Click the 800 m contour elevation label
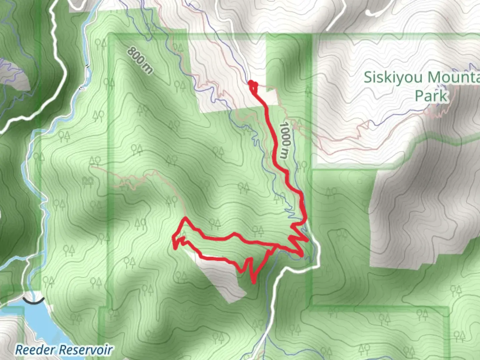140,60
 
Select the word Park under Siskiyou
431,96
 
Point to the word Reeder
35,350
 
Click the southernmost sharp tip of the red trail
254,283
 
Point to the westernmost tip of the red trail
173,238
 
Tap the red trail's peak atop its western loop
184,219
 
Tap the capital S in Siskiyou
368,78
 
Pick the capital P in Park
419,96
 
